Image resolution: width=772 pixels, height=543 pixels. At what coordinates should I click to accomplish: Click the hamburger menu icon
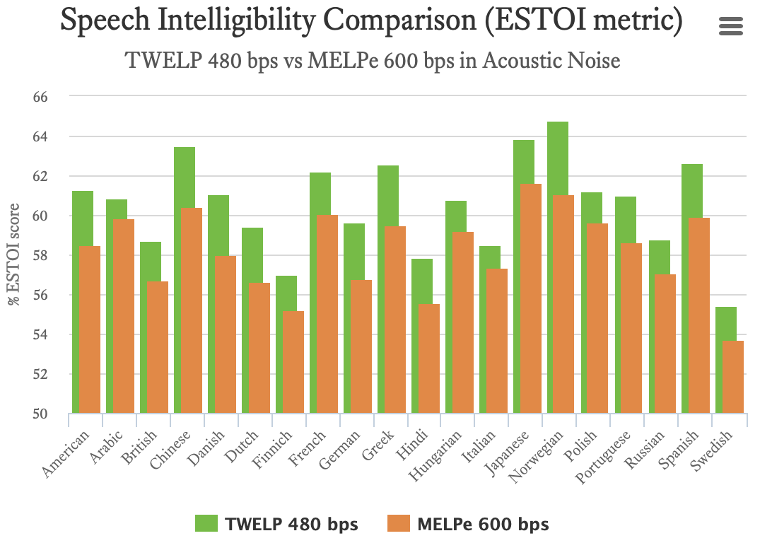pos(730,26)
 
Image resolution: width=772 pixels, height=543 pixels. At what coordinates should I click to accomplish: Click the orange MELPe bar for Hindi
pos(428,358)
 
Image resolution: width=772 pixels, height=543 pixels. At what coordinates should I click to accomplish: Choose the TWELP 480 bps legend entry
pos(277,524)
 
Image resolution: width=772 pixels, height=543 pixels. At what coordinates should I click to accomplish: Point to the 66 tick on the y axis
pos(40,97)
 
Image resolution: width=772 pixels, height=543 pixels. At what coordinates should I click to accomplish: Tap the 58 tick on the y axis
pos(40,255)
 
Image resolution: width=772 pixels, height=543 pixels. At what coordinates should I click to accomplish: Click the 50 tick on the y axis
pos(40,414)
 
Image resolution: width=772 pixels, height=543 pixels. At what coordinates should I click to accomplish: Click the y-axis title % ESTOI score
pos(13,255)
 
